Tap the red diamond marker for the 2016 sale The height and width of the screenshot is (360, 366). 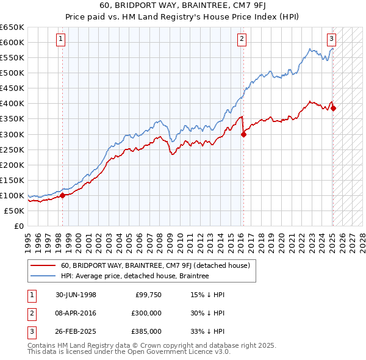243,135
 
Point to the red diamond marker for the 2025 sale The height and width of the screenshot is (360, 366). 334,108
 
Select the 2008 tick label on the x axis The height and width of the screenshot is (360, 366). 160,239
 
